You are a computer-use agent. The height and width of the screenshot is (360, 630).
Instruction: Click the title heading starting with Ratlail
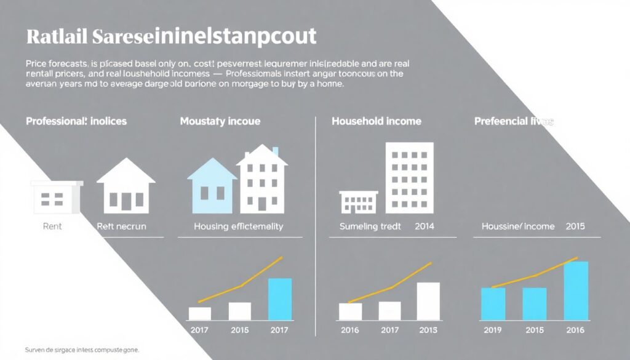pyautogui.click(x=171, y=36)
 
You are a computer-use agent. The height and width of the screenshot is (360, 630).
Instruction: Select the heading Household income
pyautogui.click(x=377, y=121)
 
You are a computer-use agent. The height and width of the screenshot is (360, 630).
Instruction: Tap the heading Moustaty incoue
pyautogui.click(x=220, y=121)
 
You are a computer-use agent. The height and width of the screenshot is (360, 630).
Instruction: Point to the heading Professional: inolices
pyautogui.click(x=76, y=121)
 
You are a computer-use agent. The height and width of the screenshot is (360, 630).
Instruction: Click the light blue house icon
pyautogui.click(x=212, y=185)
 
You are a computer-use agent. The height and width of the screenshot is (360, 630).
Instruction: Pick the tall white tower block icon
pyautogui.click(x=409, y=178)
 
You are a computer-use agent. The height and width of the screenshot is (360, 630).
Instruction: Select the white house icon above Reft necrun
pyautogui.click(x=126, y=185)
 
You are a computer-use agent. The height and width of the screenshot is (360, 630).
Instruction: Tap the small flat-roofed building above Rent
pyautogui.click(x=56, y=196)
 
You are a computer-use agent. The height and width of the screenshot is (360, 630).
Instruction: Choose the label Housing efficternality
pyautogui.click(x=238, y=226)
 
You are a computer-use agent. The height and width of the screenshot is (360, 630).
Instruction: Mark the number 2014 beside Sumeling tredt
pyautogui.click(x=424, y=226)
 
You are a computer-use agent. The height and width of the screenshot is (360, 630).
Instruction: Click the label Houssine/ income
pyautogui.click(x=517, y=226)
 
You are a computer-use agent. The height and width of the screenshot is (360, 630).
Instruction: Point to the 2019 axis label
pyautogui.click(x=492, y=330)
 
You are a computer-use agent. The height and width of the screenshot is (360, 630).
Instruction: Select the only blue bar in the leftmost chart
pyautogui.click(x=281, y=299)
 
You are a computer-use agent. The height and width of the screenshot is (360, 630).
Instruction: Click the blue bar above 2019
pyautogui.click(x=493, y=304)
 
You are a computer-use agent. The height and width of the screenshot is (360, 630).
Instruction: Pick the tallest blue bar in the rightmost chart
pyautogui.click(x=576, y=290)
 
